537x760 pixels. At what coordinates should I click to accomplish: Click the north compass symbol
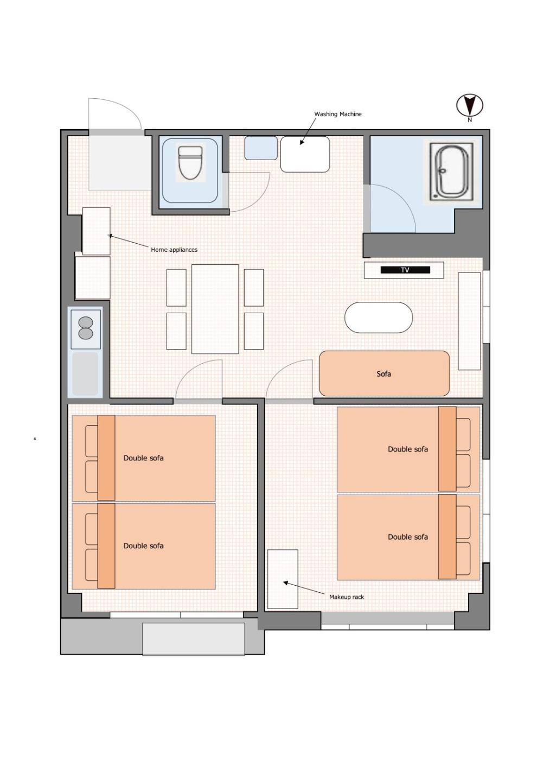[470, 105]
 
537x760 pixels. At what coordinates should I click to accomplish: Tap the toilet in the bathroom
[190, 163]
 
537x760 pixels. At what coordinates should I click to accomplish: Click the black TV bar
[405, 270]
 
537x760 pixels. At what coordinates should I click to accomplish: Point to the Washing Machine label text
[337, 114]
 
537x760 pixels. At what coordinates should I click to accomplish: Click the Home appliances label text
[174, 250]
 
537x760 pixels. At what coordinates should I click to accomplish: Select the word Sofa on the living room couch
[384, 374]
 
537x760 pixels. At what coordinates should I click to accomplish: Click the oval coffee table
[379, 318]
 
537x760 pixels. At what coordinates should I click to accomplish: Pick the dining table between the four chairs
[215, 309]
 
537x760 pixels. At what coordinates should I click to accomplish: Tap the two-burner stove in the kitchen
[86, 329]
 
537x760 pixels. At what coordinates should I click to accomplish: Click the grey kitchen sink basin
[86, 373]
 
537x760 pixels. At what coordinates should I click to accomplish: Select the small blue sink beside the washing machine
[261, 148]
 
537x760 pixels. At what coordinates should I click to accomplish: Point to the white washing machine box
[305, 154]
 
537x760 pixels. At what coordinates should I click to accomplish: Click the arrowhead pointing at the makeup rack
[285, 582]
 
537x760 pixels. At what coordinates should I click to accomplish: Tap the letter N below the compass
[470, 120]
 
